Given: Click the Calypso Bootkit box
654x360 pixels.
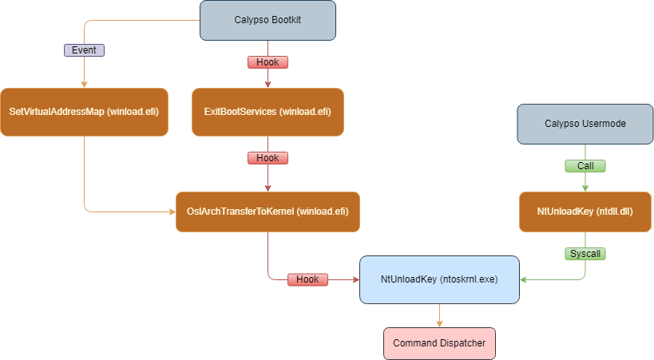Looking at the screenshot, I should (x=268, y=20).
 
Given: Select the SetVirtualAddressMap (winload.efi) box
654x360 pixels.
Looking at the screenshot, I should (x=84, y=112).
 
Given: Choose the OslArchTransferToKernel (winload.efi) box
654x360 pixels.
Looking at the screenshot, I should (x=268, y=212).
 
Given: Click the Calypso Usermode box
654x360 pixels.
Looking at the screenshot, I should (x=585, y=124).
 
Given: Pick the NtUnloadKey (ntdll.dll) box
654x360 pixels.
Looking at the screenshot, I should (x=586, y=212).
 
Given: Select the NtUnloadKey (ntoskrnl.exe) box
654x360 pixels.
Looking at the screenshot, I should (x=439, y=279).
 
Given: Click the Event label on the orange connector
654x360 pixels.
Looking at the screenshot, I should (x=84, y=49).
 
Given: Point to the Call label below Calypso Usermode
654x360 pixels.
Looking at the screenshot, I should (x=585, y=166).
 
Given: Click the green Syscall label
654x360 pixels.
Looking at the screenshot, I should (x=586, y=253).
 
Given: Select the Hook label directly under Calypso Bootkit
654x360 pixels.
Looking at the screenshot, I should (x=268, y=61).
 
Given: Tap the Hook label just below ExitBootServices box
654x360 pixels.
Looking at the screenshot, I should (x=268, y=157).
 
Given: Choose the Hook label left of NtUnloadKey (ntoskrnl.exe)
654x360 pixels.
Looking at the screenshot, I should (x=307, y=279).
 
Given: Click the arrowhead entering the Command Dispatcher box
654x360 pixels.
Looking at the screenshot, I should (x=439, y=323).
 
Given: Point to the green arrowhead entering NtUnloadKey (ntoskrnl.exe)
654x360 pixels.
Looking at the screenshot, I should (x=524, y=279).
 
